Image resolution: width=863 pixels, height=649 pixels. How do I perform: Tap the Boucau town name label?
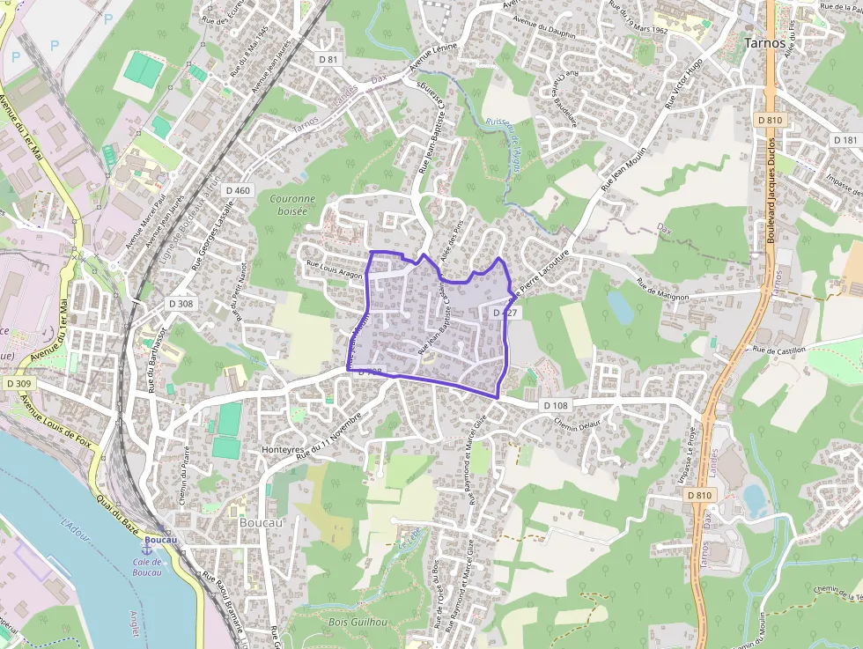click(261, 522)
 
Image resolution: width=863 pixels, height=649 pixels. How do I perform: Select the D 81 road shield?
click(328, 59)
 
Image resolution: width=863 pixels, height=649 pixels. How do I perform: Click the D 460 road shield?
click(238, 190)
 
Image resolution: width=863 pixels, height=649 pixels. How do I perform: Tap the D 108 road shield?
click(556, 405)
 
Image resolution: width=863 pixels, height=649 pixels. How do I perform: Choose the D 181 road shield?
click(845, 140)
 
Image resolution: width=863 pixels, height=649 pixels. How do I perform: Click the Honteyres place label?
click(283, 449)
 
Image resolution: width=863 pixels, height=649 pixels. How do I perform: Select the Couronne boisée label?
click(292, 205)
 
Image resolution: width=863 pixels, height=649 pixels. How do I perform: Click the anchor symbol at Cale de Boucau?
click(147, 549)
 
